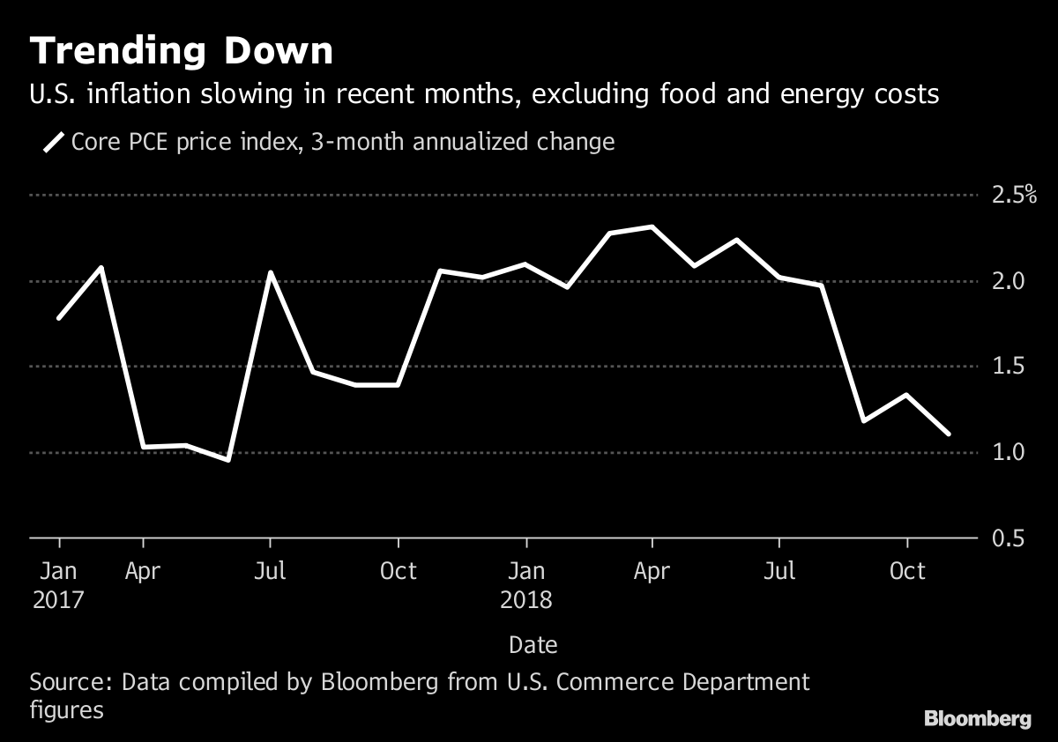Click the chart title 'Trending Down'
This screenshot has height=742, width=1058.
[x=182, y=52]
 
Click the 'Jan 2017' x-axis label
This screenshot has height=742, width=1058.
[x=59, y=585]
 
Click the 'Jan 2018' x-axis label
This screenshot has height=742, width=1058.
[x=526, y=585]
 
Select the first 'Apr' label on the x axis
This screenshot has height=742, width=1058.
[x=143, y=571]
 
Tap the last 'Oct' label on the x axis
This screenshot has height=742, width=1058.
[x=907, y=571]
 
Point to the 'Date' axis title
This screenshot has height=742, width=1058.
[x=533, y=645]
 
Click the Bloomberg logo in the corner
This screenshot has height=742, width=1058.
[x=977, y=719]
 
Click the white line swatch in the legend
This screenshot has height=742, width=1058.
[x=55, y=142]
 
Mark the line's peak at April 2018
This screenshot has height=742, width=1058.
[x=652, y=227]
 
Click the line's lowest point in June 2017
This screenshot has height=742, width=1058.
[x=228, y=459]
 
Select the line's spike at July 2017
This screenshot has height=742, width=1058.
[x=270, y=273]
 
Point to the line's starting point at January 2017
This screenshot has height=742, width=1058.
[x=59, y=317]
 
